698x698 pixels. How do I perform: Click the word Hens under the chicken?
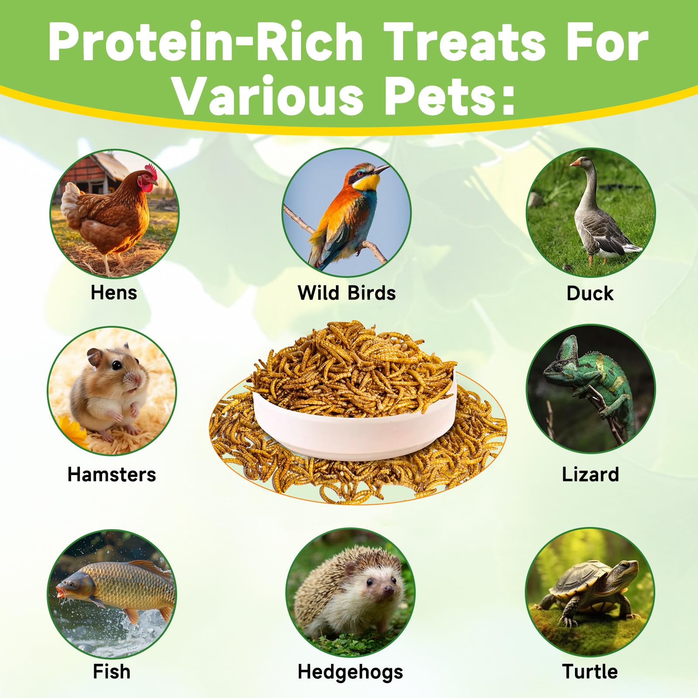click(114, 292)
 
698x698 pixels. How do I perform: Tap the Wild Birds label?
click(347, 292)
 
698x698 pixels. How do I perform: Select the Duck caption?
click(590, 293)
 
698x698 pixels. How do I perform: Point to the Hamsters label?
click(112, 474)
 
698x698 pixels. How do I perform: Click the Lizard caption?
click(590, 474)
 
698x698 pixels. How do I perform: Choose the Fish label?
click(112, 671)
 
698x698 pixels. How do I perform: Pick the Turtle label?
click(590, 671)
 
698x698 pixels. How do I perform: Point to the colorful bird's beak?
click(381, 169)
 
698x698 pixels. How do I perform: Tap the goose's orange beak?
click(575, 163)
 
